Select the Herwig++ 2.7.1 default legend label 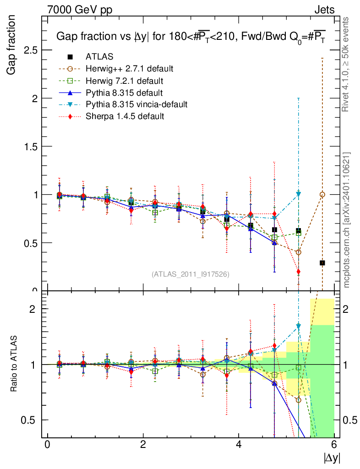coord(129,69)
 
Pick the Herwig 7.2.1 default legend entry coord(125,81)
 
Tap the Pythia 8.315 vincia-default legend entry coord(136,104)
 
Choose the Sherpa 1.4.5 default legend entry coord(125,116)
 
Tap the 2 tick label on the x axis coord(143,444)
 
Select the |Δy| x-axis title coord(332,457)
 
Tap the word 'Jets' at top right coord(324,9)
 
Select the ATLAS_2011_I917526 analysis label coord(191,274)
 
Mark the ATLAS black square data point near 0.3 coord(322,263)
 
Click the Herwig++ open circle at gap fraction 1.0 coord(322,195)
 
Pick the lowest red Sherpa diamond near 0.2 coord(299,272)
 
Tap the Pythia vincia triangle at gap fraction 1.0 coord(299,194)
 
